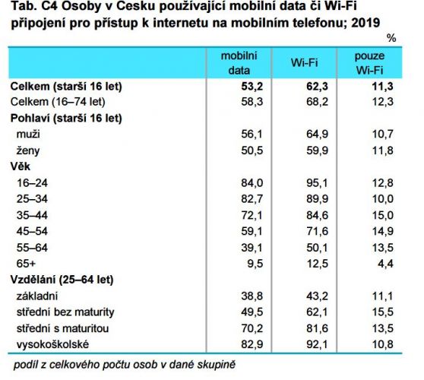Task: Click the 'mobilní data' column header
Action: click(239, 63)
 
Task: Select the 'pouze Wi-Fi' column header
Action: click(369, 63)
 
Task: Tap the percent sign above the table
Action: click(391, 38)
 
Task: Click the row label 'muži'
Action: click(28, 135)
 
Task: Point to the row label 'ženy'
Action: click(28, 150)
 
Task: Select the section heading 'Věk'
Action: click(21, 166)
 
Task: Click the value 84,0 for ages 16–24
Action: click(252, 183)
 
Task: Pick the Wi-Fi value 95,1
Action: click(317, 183)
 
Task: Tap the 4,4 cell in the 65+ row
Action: click(385, 264)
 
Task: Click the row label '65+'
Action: click(26, 264)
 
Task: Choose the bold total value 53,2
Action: click(252, 87)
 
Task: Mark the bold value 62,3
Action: click(317, 87)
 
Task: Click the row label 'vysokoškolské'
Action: click(52, 344)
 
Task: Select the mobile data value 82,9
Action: click(252, 344)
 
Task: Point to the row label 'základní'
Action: click(37, 296)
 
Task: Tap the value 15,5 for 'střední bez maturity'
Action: click(383, 312)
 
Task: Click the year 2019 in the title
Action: click(365, 23)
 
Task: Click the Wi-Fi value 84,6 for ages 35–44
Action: click(317, 215)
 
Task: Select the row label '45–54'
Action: click(32, 231)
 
